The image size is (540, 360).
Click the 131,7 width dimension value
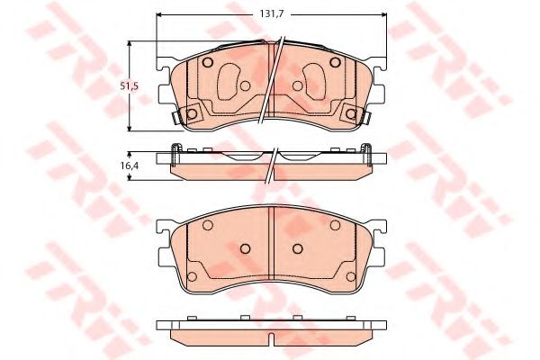pos(271,14)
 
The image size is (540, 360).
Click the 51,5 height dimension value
pos(129,86)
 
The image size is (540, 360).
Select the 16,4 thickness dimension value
pos(130,166)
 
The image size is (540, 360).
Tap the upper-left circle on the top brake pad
pos(208,62)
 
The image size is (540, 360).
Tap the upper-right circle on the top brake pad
pos(335,62)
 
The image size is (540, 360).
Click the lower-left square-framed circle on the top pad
pos(192,113)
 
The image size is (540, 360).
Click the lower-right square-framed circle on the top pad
pos(351,113)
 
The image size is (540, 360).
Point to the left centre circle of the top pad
pos(245,85)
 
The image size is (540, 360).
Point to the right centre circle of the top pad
pos(298,85)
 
